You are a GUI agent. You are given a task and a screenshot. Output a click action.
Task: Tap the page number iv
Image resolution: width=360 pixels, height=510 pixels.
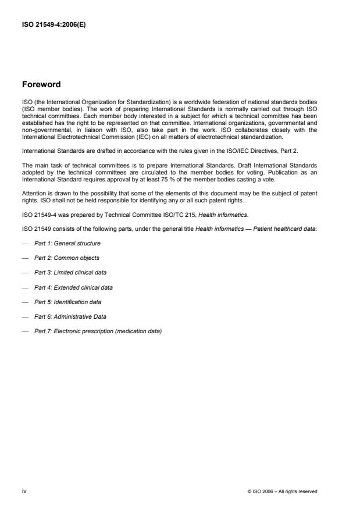point(24,491)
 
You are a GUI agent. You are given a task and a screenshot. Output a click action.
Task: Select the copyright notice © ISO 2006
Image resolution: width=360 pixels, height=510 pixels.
point(282,491)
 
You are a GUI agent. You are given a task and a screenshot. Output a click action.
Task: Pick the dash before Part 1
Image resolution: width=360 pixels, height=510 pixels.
point(24,243)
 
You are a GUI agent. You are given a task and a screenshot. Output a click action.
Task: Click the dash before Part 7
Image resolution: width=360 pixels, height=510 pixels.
point(24,331)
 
